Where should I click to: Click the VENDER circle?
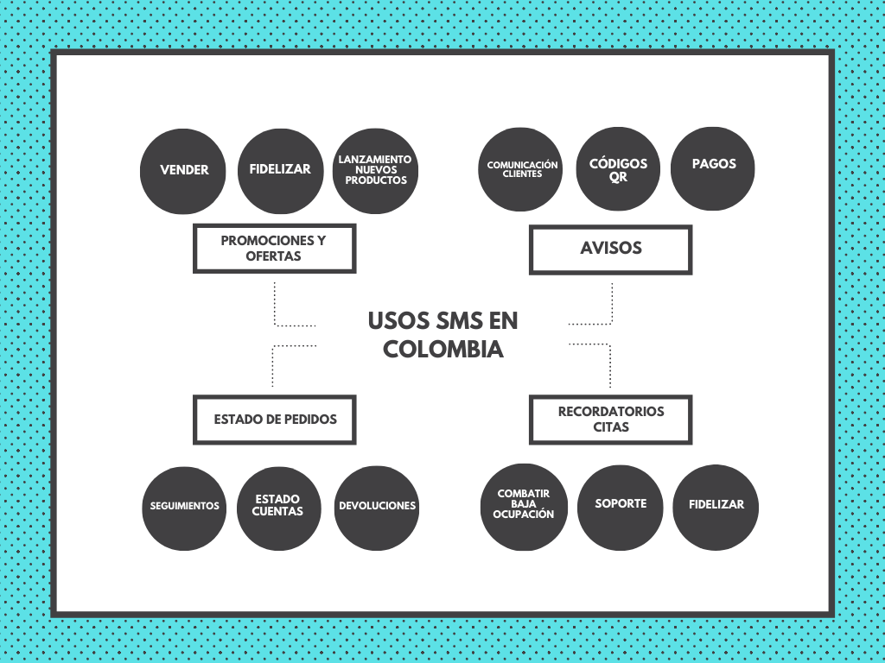point(183,172)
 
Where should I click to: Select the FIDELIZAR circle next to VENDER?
point(281,172)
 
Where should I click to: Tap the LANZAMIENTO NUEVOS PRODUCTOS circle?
point(375,172)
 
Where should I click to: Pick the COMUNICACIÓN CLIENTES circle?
point(520,169)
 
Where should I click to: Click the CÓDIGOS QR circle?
point(618,169)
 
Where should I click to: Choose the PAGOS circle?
point(713,168)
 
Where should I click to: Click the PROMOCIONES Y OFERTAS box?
point(274,249)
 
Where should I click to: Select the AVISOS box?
point(611,249)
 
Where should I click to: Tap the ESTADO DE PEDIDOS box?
point(274,420)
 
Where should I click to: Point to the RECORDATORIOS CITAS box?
point(611,420)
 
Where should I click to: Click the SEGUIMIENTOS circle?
point(184,508)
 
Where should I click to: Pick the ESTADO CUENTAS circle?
point(279,508)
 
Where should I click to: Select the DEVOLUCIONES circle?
point(377,508)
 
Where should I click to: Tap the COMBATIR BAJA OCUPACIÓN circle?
point(524,508)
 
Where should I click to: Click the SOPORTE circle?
point(621,508)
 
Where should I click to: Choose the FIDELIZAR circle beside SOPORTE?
point(716,508)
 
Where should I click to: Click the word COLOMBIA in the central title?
point(443,349)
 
